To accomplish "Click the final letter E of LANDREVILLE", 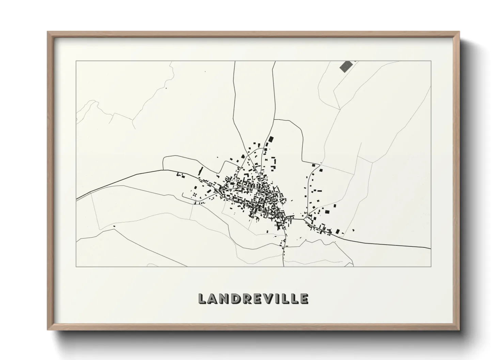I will click(x=304, y=299).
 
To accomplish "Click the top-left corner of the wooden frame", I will click(x=47, y=32).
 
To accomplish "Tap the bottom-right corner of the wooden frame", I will click(x=459, y=330).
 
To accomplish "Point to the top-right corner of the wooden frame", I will click(x=459, y=32).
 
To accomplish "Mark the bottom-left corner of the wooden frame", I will click(x=47, y=330).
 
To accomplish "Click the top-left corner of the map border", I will click(x=76, y=61).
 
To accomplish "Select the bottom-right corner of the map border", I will click(x=431, y=266).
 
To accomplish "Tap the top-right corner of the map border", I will click(x=431, y=61).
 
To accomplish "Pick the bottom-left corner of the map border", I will click(x=76, y=266).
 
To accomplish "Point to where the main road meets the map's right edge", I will click(x=431, y=249).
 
